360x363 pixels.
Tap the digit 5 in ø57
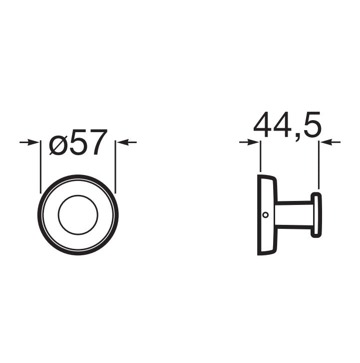point(80,143)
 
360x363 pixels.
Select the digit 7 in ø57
point(98,143)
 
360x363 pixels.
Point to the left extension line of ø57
point(40,167)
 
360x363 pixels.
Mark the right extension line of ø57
point(115,167)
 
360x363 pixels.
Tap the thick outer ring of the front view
point(40,215)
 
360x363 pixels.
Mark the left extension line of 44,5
point(260,157)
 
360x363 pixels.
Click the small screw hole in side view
point(266,215)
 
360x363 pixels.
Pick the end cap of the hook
point(317,214)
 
